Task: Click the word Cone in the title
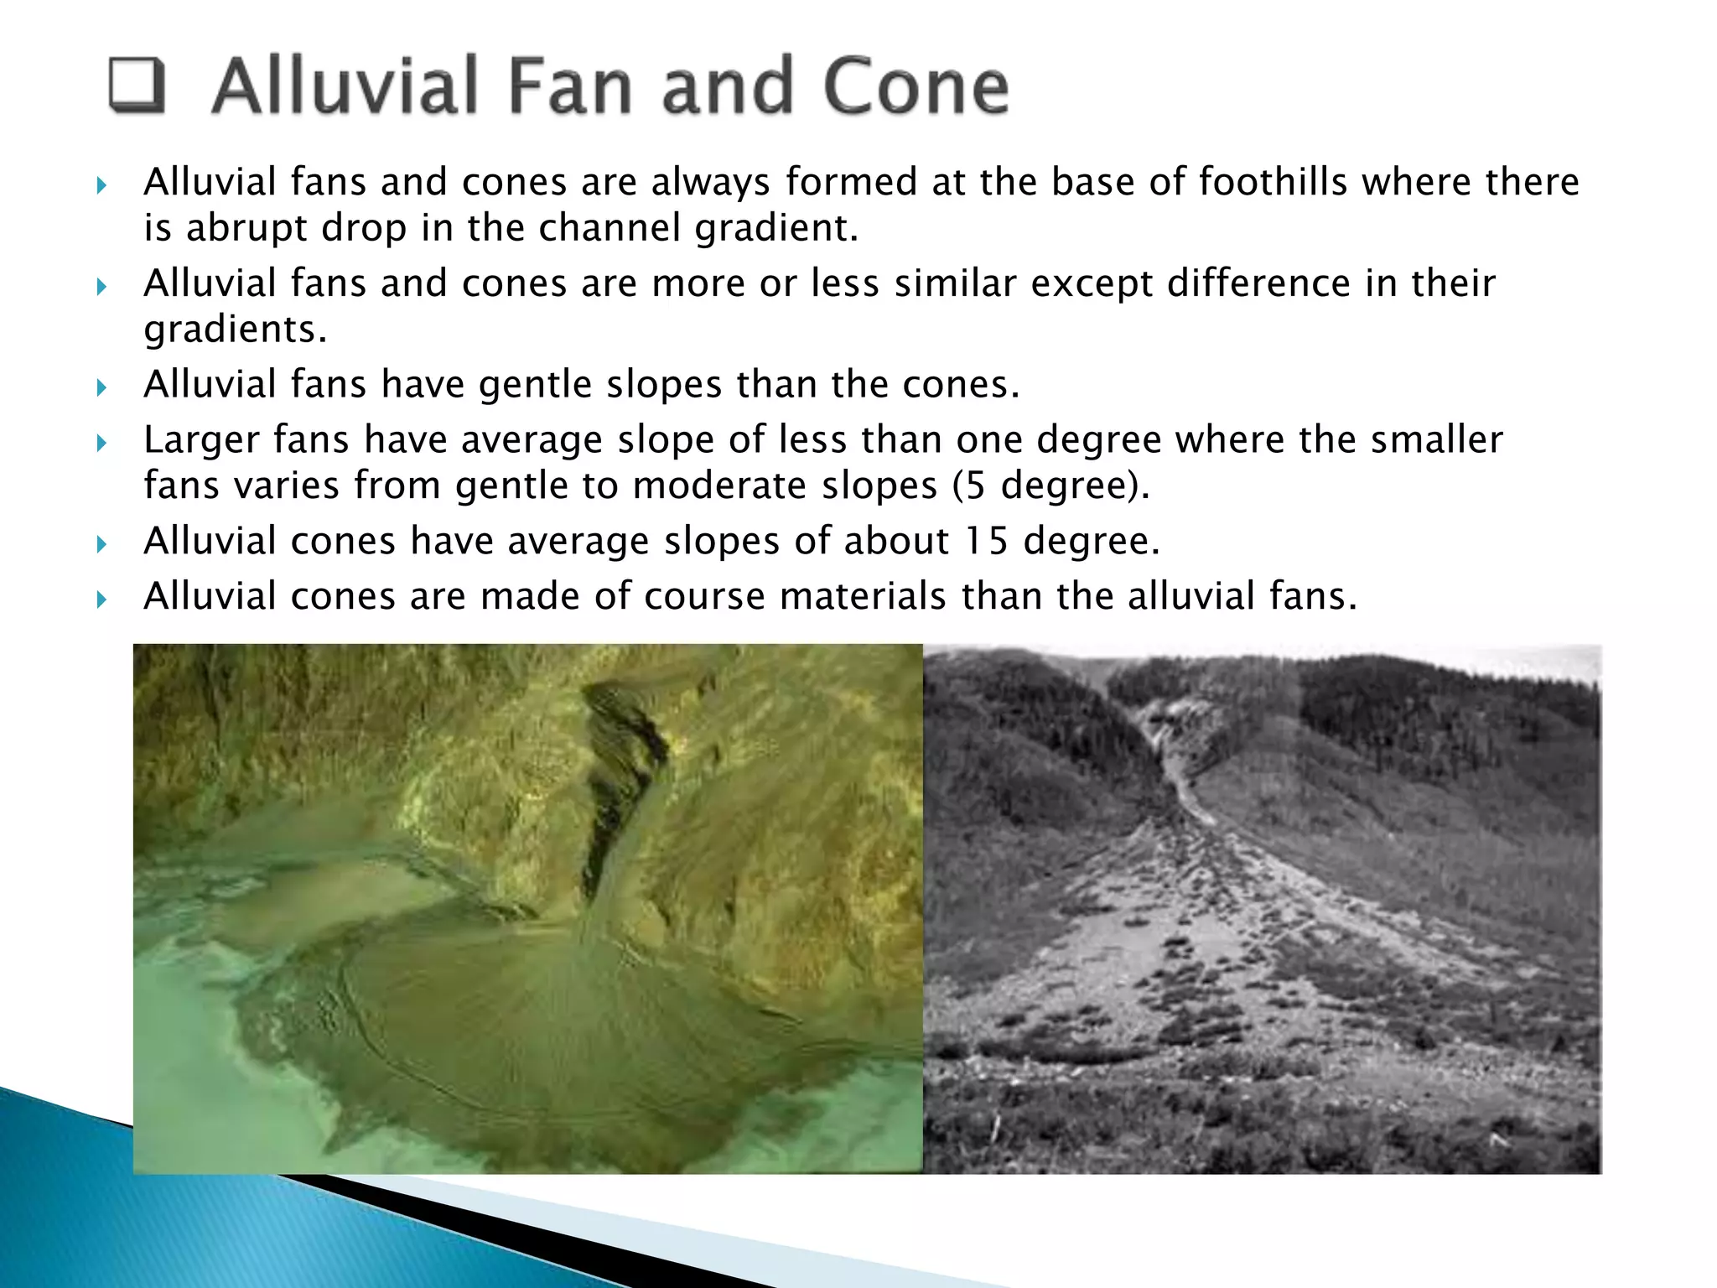tap(916, 86)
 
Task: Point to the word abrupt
tap(246, 228)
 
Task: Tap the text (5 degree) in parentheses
tap(1051, 486)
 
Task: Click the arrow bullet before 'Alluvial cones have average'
tap(101, 545)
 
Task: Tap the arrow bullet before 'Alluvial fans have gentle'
tap(101, 388)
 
